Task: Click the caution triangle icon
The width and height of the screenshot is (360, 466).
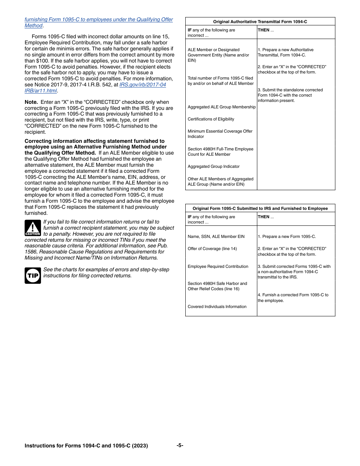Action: click(x=33, y=228)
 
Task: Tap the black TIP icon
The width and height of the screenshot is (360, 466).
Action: click(x=33, y=275)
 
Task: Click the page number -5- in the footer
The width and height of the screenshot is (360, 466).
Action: click(x=180, y=445)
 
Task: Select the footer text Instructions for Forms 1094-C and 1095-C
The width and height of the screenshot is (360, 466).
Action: click(x=86, y=446)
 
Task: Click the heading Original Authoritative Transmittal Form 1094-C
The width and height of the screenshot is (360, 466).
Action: click(x=260, y=22)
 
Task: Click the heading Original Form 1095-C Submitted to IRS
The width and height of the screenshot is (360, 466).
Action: click(x=260, y=208)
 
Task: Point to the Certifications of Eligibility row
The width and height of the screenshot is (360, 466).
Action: click(x=211, y=119)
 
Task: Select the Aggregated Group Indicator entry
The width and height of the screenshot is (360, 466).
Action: click(x=213, y=166)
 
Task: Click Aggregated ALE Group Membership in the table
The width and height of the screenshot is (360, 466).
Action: click(x=221, y=107)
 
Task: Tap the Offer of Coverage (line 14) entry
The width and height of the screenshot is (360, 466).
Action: click(x=212, y=249)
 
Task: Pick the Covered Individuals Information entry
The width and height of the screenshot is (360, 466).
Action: click(x=217, y=306)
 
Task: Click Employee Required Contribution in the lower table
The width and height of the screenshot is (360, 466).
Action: click(x=218, y=266)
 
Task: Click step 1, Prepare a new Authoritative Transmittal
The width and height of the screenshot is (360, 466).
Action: click(x=285, y=52)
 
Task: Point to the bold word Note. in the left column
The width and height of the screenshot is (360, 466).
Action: click(x=31, y=102)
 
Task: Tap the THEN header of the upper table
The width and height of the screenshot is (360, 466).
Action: click(x=264, y=30)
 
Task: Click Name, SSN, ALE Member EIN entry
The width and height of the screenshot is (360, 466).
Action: click(x=216, y=236)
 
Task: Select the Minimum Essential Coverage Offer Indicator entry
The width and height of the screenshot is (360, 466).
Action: click(x=220, y=134)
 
